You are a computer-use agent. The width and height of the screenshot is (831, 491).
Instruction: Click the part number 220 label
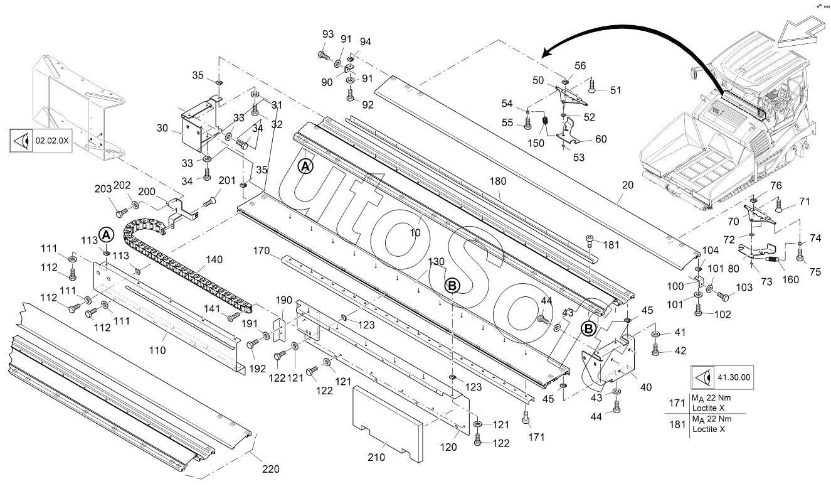[x=271, y=468]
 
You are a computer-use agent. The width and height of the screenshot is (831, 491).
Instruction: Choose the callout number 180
[x=497, y=181]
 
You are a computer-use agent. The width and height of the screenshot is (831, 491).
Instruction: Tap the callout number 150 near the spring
[x=536, y=144]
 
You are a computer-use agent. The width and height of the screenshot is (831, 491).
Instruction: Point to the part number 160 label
[x=791, y=279]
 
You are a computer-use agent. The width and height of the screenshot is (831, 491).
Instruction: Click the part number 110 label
[x=157, y=350]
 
